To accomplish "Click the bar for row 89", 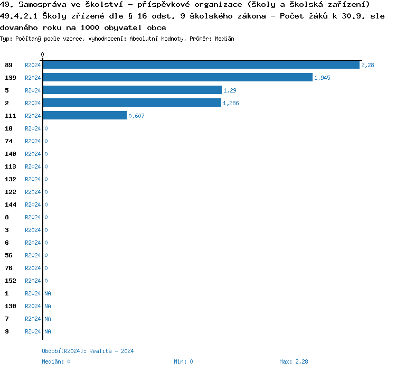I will [x=201, y=65].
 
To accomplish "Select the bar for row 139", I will [x=177, y=78].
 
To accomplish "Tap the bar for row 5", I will [x=132, y=90].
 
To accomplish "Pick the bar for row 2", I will [x=132, y=103].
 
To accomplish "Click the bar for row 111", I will [x=84, y=116].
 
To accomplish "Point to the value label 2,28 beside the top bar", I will [x=367, y=65].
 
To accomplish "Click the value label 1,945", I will [x=322, y=78].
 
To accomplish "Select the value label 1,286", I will [x=231, y=103].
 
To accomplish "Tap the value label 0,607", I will [x=136, y=116].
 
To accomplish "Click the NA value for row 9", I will [x=48, y=331].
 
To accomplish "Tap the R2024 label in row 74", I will [x=33, y=141].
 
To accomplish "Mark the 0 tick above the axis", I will [x=43, y=54].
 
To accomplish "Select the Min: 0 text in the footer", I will [x=183, y=361].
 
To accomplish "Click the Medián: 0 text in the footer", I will [x=56, y=361].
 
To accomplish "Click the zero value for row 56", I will [x=46, y=255].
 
